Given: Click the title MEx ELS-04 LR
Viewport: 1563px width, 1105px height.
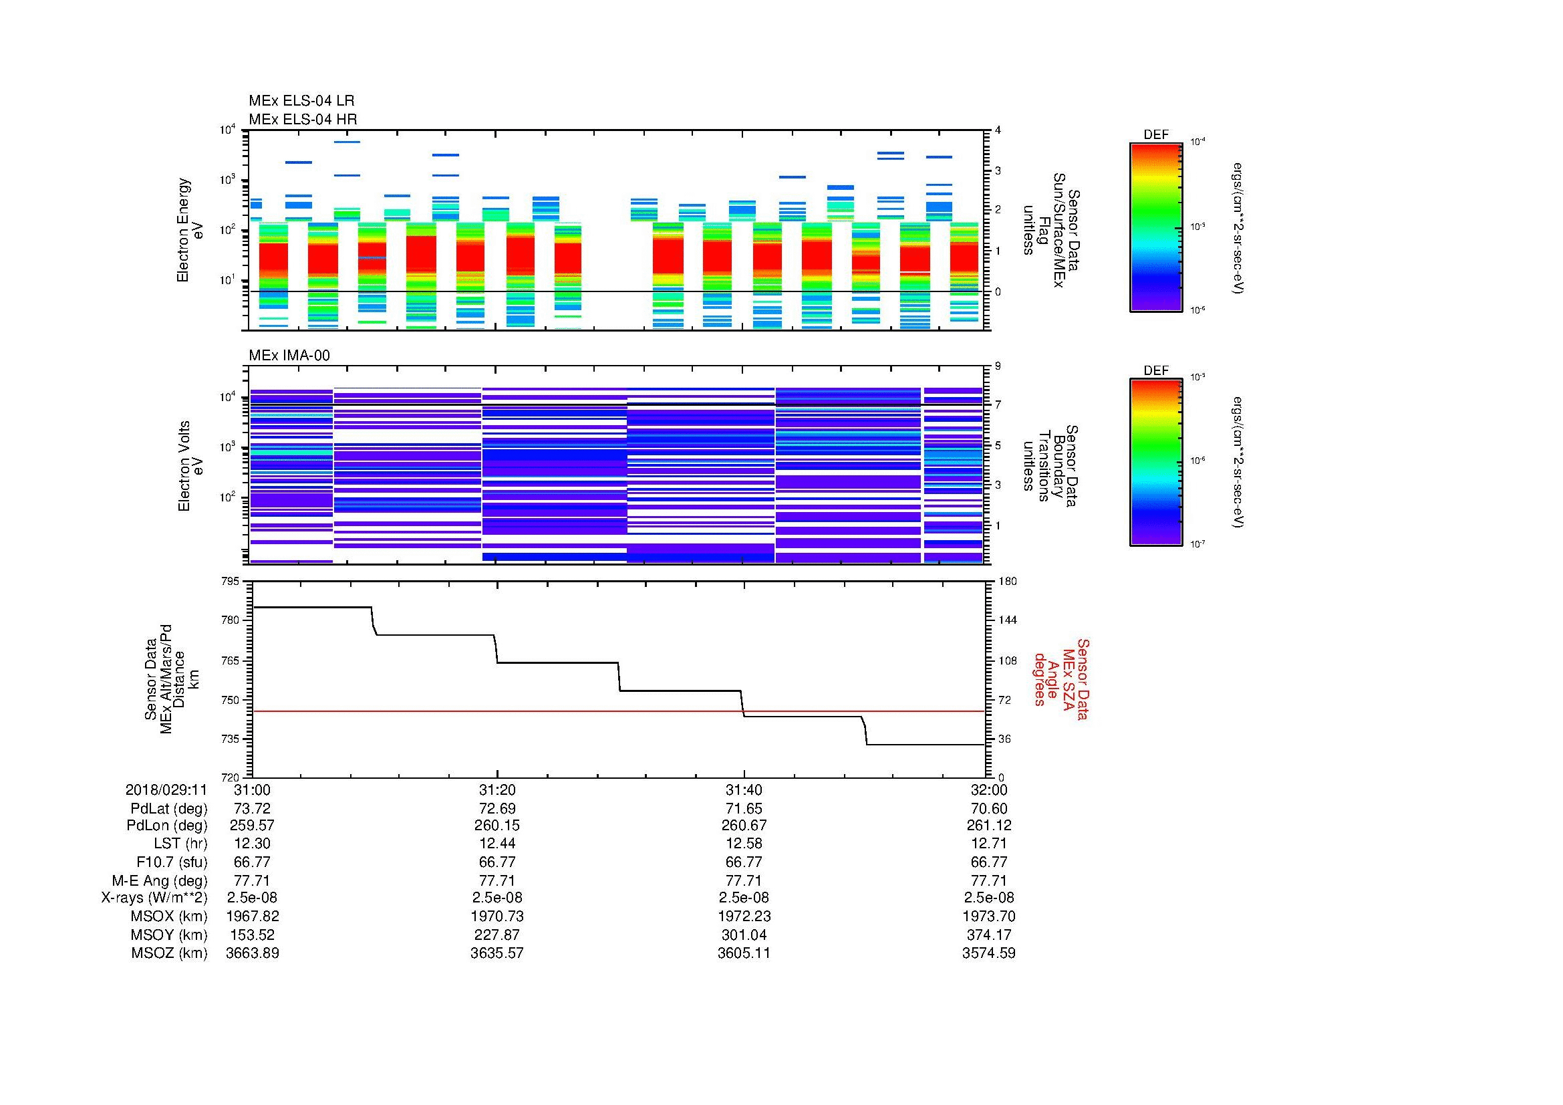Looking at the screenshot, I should pos(301,101).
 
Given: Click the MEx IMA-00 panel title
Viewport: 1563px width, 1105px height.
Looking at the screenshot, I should pos(289,356).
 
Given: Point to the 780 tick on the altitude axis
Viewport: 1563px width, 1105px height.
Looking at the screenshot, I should pos(231,620).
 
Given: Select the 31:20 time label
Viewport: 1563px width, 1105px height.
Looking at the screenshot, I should pos(497,789).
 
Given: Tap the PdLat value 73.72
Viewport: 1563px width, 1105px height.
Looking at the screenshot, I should pos(252,809).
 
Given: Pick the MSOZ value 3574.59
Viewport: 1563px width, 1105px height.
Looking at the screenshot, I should pos(988,953).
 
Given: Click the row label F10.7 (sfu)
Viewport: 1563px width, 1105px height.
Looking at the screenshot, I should pos(172,862).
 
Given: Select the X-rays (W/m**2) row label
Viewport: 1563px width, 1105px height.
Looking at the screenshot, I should pos(154,898).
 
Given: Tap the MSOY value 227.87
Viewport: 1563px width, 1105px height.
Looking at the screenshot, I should pos(497,935).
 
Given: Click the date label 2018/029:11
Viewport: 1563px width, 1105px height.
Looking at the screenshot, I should pos(166,789).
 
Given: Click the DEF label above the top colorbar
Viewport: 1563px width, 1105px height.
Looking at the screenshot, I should pos(1156,135).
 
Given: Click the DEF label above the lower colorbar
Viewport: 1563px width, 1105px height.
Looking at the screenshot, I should pos(1156,370).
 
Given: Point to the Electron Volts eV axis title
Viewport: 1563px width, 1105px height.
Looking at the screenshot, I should pos(190,466).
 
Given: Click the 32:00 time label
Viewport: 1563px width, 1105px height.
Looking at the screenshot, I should pos(988,789).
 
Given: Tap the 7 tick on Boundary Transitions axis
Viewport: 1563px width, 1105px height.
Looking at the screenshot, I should pos(998,405).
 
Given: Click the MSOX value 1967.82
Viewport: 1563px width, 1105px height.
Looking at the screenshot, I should pos(252,916).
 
